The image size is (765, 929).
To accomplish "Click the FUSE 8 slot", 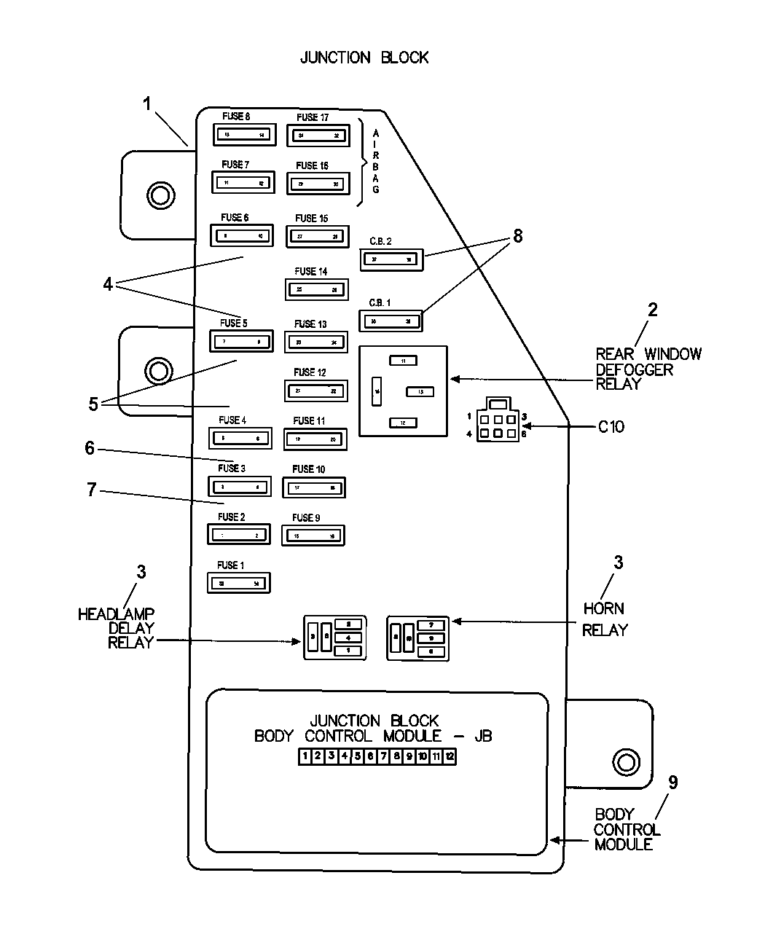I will pos(243,135).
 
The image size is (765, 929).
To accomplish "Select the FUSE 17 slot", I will pos(318,136).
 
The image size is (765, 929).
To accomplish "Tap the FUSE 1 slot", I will pos(239,583).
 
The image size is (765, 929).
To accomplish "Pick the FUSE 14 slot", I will pos(316,289).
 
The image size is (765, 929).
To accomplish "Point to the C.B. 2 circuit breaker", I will pos(391,259).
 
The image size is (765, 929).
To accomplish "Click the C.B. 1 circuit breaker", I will pos(391,321).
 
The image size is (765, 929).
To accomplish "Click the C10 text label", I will pos(611,427).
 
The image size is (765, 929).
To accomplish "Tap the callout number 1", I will pos(147,104).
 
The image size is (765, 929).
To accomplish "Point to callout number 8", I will pos(517,236).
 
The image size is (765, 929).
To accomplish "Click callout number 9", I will pos(672,783).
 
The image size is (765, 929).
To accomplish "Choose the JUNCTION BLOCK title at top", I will pos(364,58).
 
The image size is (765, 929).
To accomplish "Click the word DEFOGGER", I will pos(634,369).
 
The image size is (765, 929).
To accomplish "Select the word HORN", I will pos(603,608).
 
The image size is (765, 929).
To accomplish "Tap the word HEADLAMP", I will pos(116,614).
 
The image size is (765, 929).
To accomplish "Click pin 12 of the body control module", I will pos(450,756).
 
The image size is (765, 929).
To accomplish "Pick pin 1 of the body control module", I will pos(305,756).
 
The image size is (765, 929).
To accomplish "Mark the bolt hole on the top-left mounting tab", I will pos(160,195).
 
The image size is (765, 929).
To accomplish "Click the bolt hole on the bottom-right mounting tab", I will pos(624,762).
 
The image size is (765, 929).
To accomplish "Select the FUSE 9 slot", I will pos(313,536).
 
